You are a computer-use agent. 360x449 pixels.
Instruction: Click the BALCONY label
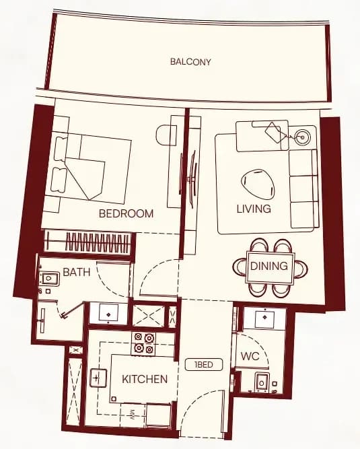[190, 61]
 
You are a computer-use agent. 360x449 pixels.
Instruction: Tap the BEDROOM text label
[127, 213]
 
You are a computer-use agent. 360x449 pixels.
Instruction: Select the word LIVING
[254, 209]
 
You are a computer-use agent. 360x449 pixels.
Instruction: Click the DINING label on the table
[269, 266]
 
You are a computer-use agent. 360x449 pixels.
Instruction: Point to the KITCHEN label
[145, 379]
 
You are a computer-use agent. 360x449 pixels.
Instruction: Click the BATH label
[77, 272]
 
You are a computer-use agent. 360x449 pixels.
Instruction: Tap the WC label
[250, 357]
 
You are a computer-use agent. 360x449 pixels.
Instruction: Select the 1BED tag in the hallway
[204, 365]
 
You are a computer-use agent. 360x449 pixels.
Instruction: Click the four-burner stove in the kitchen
[143, 343]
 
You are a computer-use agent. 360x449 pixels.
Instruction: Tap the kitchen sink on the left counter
[98, 378]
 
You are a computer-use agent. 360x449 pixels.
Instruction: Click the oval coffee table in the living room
[258, 184]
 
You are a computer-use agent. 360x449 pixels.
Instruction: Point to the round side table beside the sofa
[303, 138]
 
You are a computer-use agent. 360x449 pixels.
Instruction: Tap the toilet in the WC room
[262, 382]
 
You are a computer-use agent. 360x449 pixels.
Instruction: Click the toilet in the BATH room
[50, 278]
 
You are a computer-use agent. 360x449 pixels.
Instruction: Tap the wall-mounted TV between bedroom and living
[192, 180]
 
